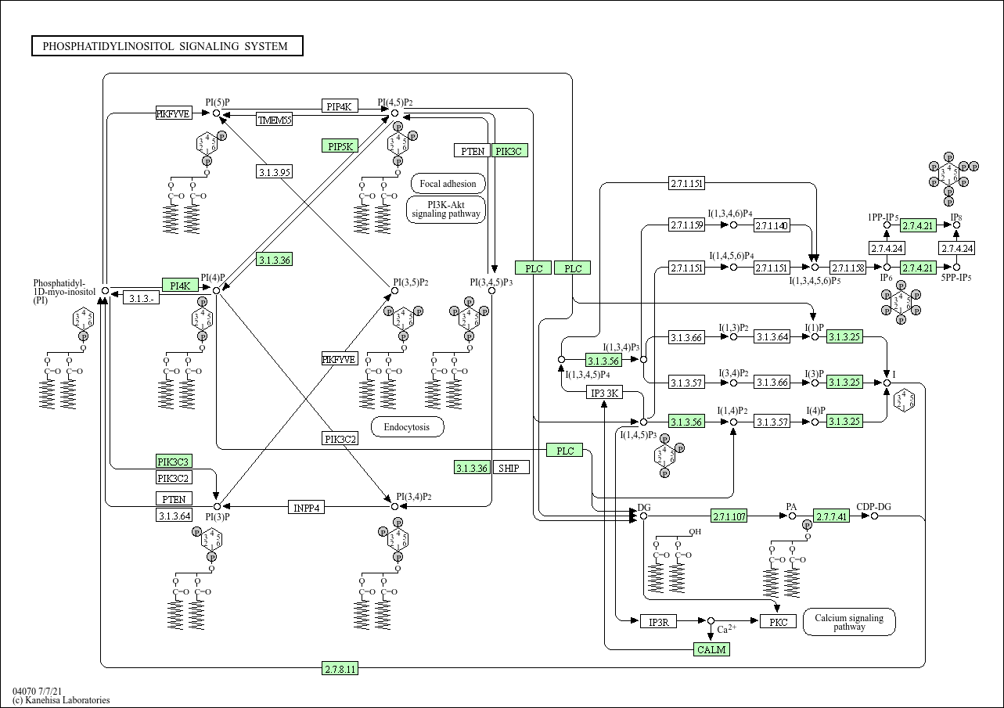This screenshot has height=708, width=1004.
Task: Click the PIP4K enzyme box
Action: click(x=340, y=106)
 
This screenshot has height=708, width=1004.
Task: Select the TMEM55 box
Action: click(x=274, y=120)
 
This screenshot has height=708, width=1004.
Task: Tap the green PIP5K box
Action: click(x=340, y=146)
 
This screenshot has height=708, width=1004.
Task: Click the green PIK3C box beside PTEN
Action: click(x=509, y=151)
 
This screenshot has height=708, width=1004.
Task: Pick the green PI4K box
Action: click(x=180, y=285)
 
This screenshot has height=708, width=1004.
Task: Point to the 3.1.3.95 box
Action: click(x=274, y=172)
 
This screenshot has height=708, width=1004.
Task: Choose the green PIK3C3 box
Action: click(x=174, y=462)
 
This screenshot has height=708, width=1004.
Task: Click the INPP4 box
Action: click(x=307, y=507)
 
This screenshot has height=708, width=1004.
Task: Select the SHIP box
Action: click(x=511, y=468)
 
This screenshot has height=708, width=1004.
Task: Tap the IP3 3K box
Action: click(x=605, y=393)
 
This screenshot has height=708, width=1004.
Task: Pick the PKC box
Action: click(x=778, y=622)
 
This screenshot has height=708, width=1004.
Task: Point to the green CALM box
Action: click(x=711, y=649)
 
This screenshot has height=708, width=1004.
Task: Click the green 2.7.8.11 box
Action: click(x=340, y=668)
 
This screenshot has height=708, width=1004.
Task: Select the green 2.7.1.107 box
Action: click(x=729, y=516)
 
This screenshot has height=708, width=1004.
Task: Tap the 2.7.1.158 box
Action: click(x=847, y=268)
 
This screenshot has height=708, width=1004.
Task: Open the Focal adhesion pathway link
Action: click(x=448, y=185)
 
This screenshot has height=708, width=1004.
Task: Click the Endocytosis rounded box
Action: click(x=407, y=427)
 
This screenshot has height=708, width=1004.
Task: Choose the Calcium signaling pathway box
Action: click(x=849, y=622)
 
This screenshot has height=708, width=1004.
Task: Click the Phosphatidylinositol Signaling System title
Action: click(x=167, y=46)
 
